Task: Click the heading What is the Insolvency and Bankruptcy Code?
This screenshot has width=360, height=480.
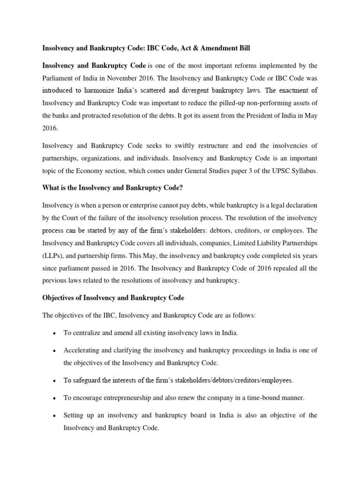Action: click(x=112, y=188)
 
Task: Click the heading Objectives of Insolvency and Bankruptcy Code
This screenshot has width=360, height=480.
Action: click(x=113, y=298)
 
